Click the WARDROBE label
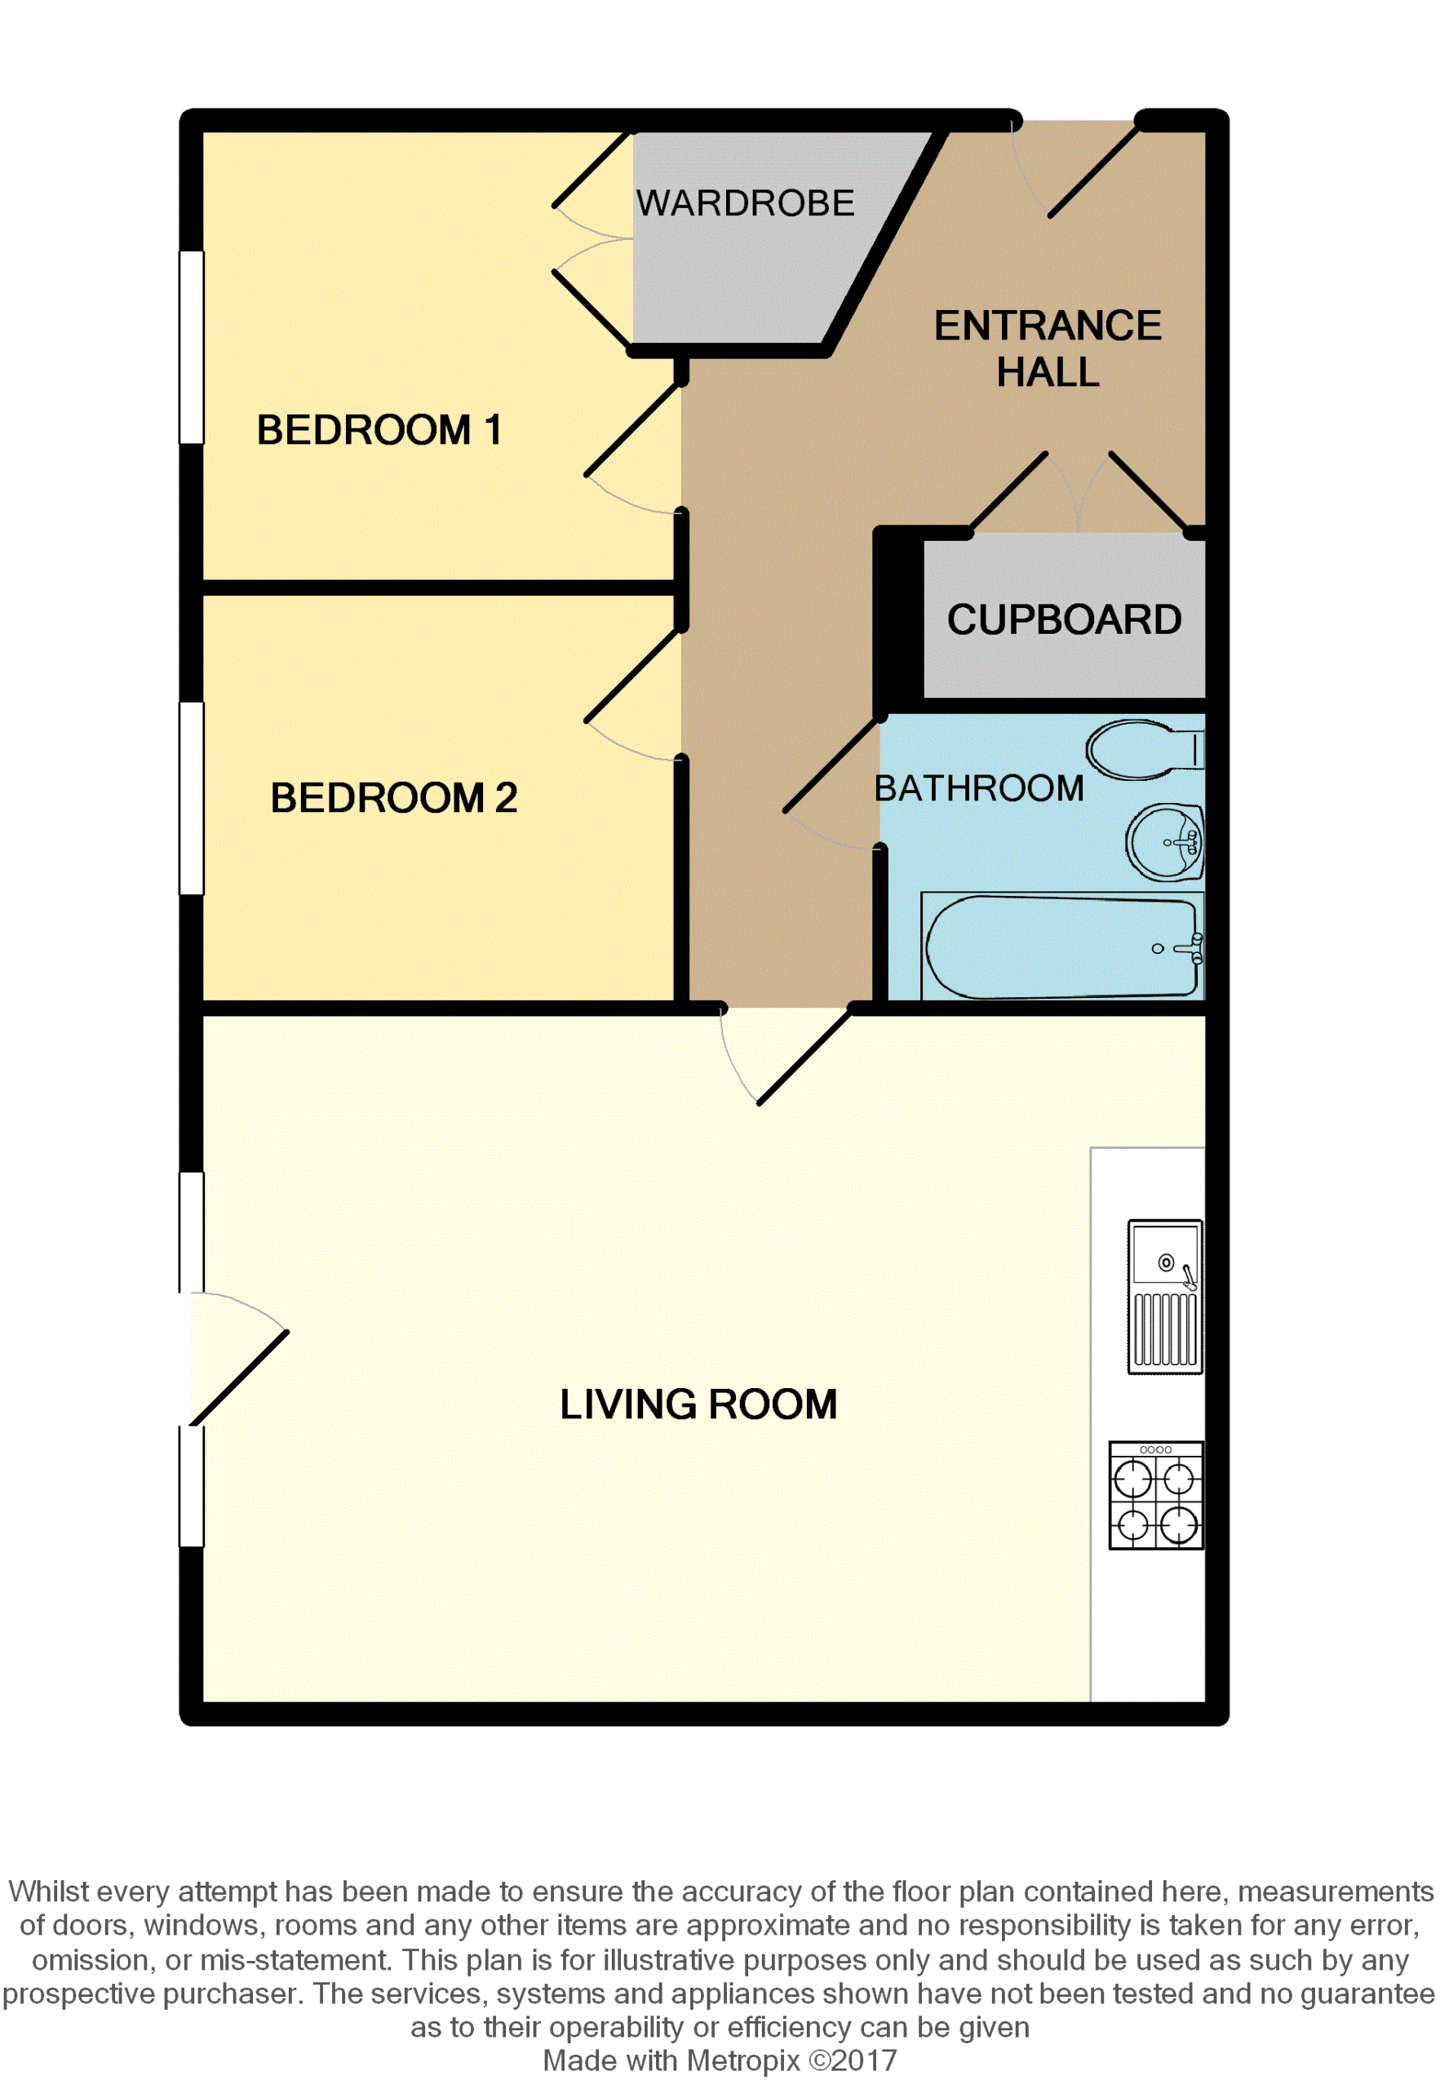[x=745, y=203]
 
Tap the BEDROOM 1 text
[x=379, y=429]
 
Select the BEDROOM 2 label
[x=394, y=798]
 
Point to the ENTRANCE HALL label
[x=1048, y=348]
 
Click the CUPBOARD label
[x=1065, y=620]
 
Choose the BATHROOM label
[x=979, y=788]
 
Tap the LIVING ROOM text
[x=698, y=1405]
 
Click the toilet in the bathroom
[x=1145, y=749]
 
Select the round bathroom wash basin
[x=1164, y=842]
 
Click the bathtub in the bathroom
[x=1063, y=947]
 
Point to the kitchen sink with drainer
[x=1165, y=1297]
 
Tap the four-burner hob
[x=1156, y=1495]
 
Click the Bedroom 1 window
[x=191, y=348]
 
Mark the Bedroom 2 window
[x=191, y=799]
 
